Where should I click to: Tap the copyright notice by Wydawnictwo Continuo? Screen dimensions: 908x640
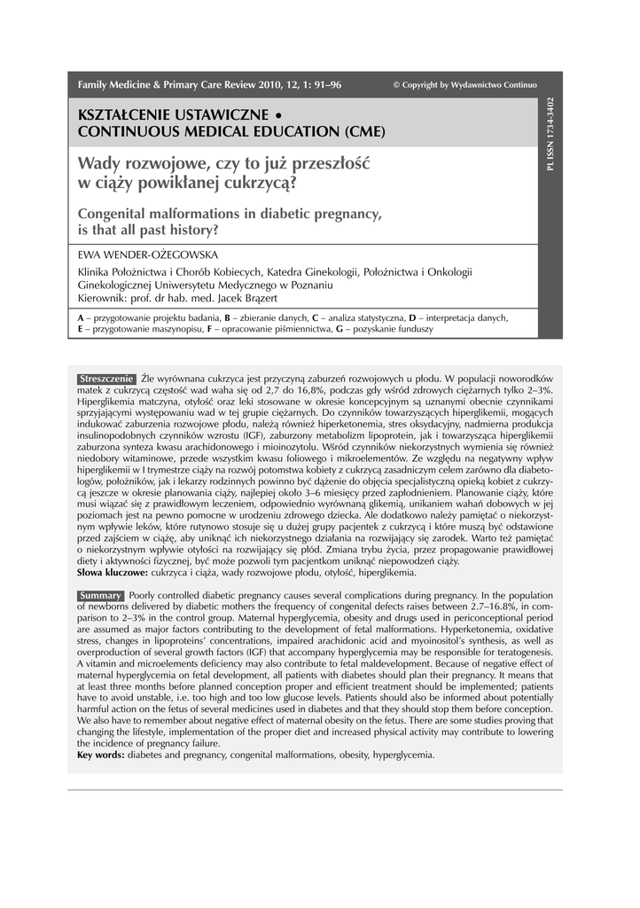(464, 85)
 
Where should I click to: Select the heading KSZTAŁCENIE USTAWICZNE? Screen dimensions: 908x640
(174, 116)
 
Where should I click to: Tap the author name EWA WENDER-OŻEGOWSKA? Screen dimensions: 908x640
(143, 255)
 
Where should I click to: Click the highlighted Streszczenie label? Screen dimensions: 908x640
(106, 379)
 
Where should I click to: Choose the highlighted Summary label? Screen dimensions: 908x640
(100, 595)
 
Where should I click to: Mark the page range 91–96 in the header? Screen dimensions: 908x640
(324, 85)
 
